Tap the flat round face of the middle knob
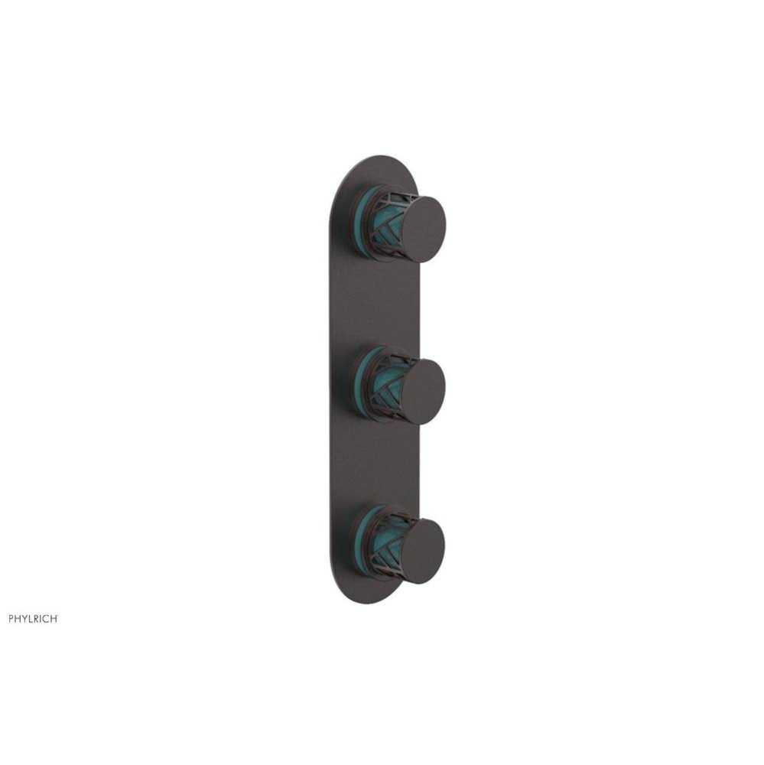click(x=423, y=391)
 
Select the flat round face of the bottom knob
click(x=422, y=552)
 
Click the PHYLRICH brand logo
click(x=33, y=618)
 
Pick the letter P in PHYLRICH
click(x=11, y=618)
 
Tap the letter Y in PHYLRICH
click(x=24, y=618)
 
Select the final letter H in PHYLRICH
click(x=54, y=618)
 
